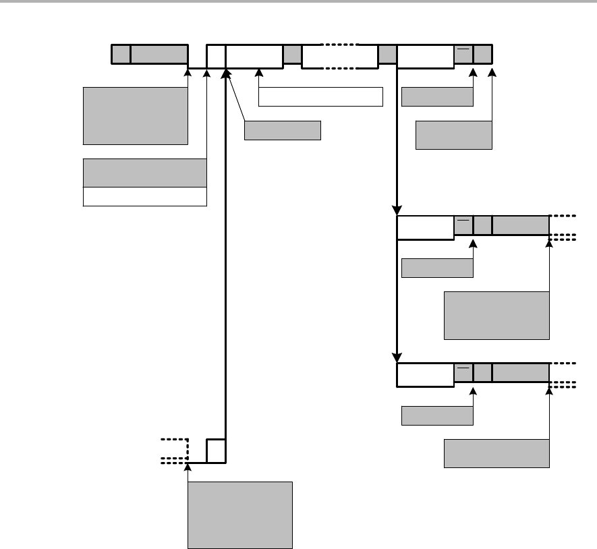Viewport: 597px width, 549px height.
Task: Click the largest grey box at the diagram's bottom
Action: (240, 515)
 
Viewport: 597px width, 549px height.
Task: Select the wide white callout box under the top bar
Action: (320, 96)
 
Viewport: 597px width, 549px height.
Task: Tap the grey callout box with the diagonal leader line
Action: (282, 130)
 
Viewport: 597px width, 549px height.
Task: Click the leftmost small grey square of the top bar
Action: (121, 55)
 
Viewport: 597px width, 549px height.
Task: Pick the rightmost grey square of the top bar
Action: (483, 55)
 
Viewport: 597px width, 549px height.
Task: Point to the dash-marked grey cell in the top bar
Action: (463, 55)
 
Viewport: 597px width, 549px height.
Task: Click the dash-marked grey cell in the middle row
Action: (463, 225)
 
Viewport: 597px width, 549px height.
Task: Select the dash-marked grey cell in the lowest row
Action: (463, 372)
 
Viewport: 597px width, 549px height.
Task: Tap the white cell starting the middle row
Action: (425, 227)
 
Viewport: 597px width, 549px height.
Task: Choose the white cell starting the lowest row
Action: (425, 375)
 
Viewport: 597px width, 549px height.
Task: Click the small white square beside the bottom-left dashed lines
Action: (216, 451)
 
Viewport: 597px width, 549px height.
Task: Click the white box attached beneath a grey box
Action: (144, 196)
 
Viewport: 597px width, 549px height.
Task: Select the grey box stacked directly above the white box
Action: (144, 173)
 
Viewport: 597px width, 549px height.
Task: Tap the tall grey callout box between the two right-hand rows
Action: (496, 315)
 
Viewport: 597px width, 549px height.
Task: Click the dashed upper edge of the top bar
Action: (339, 45)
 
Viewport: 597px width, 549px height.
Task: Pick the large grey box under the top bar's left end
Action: (135, 115)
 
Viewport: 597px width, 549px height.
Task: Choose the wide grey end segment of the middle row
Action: (521, 225)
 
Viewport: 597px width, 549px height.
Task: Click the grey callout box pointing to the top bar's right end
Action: (454, 135)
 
